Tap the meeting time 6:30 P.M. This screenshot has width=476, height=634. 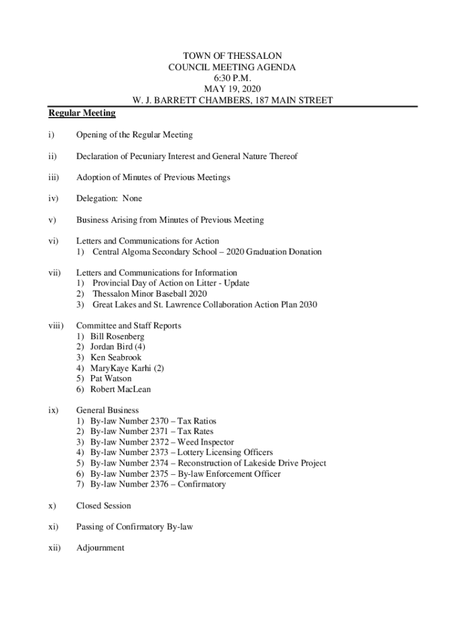tap(232, 78)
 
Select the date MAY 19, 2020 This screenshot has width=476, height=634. tap(232, 89)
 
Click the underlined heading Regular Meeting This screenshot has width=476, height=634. tap(82, 113)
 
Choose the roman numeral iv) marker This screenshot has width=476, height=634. tap(54, 199)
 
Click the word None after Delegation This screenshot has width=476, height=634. tap(132, 199)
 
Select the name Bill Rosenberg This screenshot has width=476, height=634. tap(117, 336)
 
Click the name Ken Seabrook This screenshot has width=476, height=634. tap(116, 357)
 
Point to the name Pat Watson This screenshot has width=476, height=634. tap(111, 378)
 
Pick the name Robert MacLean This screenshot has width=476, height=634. tap(121, 389)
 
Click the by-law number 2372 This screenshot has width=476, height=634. tap(162, 442)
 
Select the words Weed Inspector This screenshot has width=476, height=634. tap(206, 442)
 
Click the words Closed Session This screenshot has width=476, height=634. tap(103, 506)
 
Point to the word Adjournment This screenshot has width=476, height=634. tap(100, 548)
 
